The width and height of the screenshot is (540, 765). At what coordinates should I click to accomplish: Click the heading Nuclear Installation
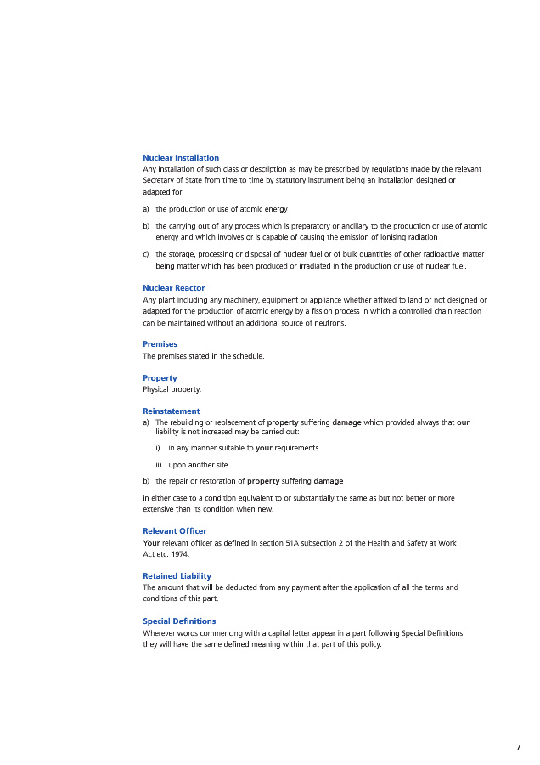coord(181,158)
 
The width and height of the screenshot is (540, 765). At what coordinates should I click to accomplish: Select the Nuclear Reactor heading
coord(173,288)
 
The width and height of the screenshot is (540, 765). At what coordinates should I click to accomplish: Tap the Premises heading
coord(160,344)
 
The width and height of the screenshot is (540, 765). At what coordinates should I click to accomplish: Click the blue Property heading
coord(160,377)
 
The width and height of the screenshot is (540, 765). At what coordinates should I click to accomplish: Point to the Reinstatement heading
coord(171,411)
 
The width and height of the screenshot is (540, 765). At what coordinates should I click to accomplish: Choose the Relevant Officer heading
coord(175,531)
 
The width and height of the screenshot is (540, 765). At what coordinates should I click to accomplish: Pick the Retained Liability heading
coord(177,576)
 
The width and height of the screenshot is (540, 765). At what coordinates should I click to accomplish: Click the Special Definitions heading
coord(179,621)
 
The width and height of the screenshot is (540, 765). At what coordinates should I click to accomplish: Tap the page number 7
coord(518,747)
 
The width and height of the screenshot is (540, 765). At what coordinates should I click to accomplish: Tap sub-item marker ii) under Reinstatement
coord(159,465)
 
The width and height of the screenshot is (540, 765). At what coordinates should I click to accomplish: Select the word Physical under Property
coord(157,389)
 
